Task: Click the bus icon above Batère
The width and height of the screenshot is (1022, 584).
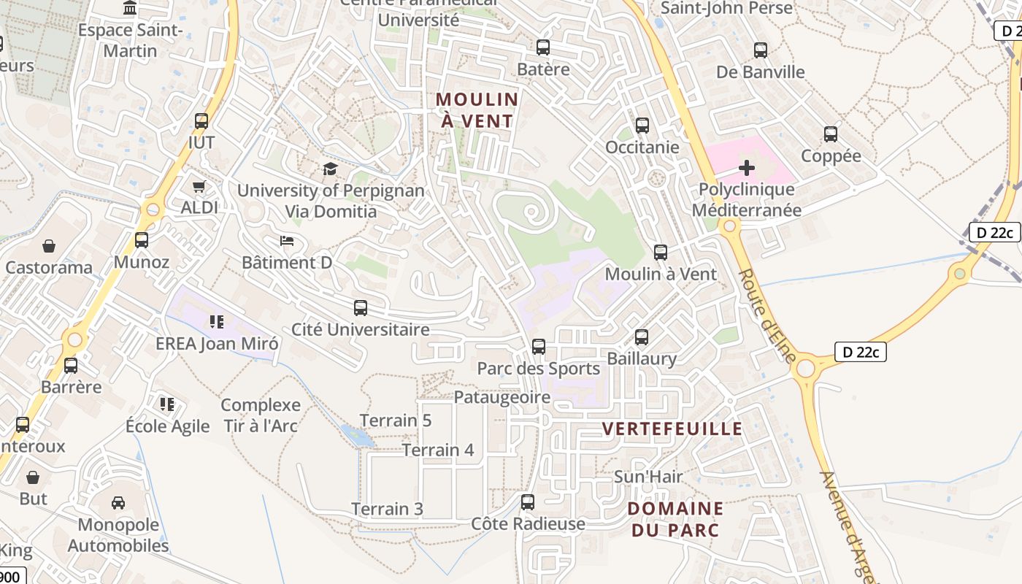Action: click(542, 47)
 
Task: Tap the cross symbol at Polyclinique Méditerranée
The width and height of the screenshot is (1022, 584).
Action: click(746, 169)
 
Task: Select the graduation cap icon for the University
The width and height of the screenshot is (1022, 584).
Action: click(331, 169)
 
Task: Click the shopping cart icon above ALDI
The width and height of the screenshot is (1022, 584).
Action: click(199, 186)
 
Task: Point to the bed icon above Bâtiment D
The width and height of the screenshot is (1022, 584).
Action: click(287, 240)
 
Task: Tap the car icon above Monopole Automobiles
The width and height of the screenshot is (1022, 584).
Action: click(118, 502)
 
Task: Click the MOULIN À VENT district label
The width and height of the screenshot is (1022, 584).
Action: click(477, 110)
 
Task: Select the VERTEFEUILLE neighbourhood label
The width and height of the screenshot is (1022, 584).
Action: click(672, 429)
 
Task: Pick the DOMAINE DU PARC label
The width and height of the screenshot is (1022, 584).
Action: click(675, 519)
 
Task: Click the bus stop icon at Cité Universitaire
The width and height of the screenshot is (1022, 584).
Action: click(360, 308)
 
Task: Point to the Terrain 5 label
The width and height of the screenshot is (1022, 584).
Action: click(396, 420)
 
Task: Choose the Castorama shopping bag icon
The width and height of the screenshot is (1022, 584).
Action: click(49, 246)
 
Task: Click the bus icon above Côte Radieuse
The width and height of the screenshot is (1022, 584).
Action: click(527, 502)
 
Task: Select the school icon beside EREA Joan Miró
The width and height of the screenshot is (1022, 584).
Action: click(216, 321)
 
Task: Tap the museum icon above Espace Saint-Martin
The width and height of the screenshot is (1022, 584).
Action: click(130, 8)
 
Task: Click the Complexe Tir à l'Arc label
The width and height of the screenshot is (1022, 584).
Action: click(261, 415)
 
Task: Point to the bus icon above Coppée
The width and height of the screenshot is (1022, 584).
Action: click(830, 134)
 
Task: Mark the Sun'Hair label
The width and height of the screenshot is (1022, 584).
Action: click(648, 477)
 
